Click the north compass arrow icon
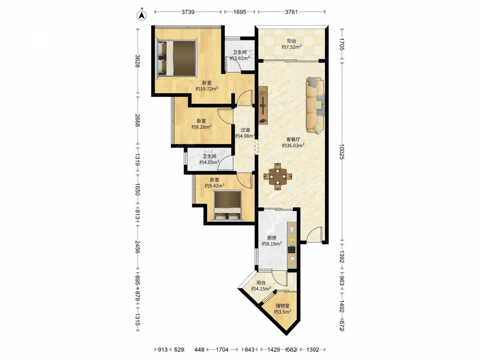tap(141, 15)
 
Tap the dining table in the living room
tap(277, 176)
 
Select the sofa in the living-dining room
tap(315, 105)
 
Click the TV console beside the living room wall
tap(263, 105)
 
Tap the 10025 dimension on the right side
tap(342, 152)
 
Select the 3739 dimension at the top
tap(188, 12)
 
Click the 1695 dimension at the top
tap(240, 12)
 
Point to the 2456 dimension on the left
tap(137, 247)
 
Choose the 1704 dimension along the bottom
tap(222, 349)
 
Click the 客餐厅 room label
tap(293, 139)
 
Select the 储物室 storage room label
tap(283, 305)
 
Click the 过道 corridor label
tap(245, 130)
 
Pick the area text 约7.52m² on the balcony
tap(292, 47)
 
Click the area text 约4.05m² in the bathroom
tap(209, 162)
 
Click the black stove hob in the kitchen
tap(292, 249)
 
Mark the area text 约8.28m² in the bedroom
tap(202, 127)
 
